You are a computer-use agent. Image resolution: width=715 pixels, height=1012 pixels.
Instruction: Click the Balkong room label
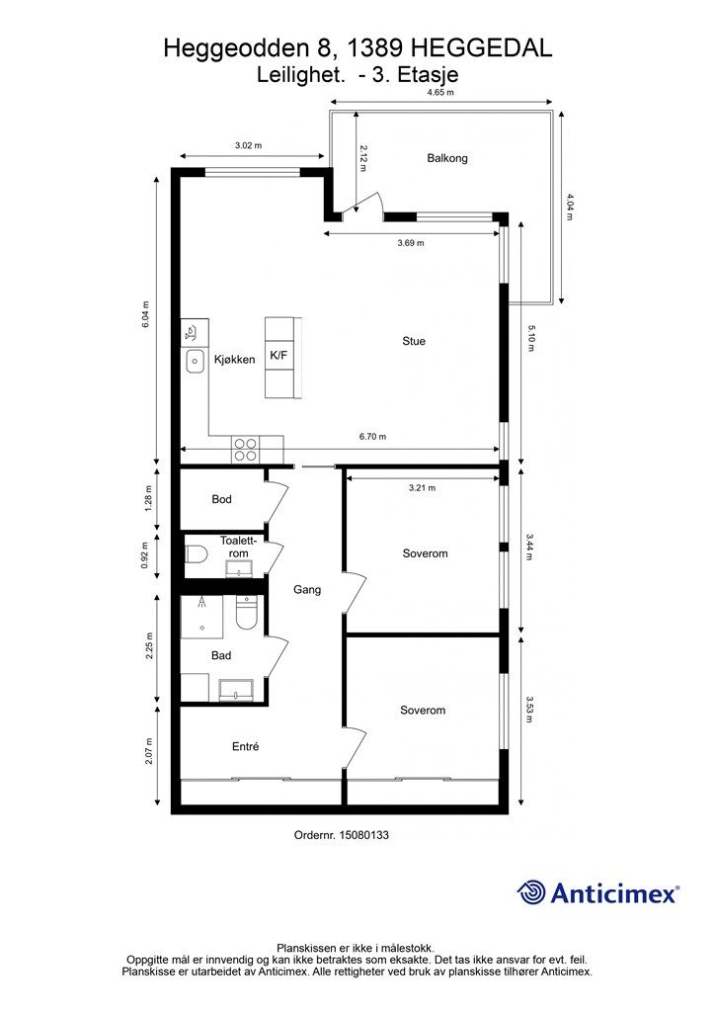(x=446, y=158)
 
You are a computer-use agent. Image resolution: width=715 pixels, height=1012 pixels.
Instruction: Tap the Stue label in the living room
(x=414, y=341)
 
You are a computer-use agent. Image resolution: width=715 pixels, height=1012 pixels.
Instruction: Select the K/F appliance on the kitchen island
(x=278, y=355)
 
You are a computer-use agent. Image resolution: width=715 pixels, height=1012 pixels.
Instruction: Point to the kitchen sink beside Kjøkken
(x=195, y=362)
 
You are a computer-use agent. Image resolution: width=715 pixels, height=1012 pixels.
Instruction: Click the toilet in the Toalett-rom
(x=196, y=554)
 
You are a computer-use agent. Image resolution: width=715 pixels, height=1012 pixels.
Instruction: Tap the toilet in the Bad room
(x=246, y=613)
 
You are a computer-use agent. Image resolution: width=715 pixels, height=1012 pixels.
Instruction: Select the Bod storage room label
(x=222, y=499)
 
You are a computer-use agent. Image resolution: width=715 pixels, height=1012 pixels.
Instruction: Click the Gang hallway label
(x=307, y=589)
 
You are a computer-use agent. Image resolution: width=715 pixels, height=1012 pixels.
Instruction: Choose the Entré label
(x=246, y=746)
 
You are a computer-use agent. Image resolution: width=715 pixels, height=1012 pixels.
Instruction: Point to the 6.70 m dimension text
(x=372, y=436)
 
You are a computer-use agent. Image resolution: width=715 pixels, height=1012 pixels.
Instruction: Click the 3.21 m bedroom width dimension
(x=422, y=488)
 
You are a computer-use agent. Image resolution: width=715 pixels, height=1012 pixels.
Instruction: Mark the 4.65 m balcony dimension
(x=441, y=92)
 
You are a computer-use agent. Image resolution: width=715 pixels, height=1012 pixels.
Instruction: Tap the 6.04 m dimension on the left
(x=146, y=315)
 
